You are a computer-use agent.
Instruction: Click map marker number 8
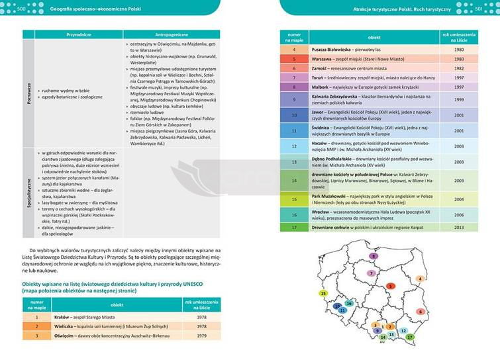click(x=374, y=255)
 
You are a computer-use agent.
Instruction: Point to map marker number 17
click(x=410, y=337)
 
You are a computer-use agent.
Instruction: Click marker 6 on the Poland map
click(x=419, y=311)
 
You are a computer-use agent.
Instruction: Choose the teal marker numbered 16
click(x=349, y=303)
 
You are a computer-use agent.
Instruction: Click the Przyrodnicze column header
click(x=78, y=33)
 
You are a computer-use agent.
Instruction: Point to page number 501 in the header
click(x=480, y=8)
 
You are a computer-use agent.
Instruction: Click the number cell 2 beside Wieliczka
click(x=38, y=326)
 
